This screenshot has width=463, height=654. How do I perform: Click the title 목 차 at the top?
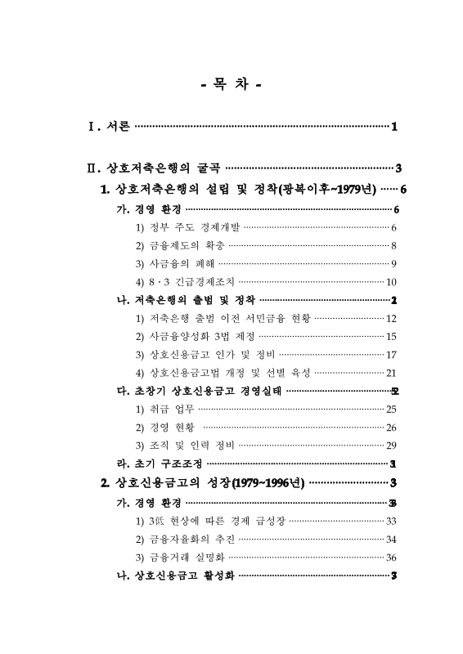point(231,84)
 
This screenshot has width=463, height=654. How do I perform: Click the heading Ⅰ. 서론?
point(109,127)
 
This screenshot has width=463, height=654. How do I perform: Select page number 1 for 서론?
point(394,127)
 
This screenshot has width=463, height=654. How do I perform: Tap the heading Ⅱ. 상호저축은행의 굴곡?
point(155,169)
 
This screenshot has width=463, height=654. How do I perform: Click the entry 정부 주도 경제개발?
point(187,227)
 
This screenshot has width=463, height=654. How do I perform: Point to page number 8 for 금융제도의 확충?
point(393,245)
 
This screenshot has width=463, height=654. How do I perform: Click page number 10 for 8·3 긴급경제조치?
point(391,282)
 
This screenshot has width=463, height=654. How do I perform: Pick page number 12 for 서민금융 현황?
point(391,319)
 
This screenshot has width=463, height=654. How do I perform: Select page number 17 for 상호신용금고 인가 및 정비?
point(391,355)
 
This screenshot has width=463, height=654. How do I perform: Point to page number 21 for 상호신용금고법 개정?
point(391,373)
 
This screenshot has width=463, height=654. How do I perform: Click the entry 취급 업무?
point(164,409)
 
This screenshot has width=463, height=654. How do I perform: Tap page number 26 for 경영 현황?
point(391,428)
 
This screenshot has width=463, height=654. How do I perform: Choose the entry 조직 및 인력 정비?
point(185,446)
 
